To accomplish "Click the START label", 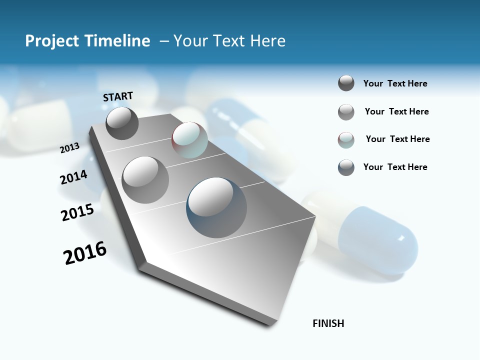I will pos(118,96).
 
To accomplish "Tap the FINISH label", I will pos(328,323).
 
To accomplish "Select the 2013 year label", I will pos(70,147).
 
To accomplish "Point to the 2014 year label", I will pos(73,177).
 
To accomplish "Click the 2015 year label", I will pos(77,212).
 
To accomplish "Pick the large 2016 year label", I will pos(85,253).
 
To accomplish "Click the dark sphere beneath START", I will pos(122,123).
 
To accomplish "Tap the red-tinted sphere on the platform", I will pos(189,140).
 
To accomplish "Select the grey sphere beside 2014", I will pos(145,179).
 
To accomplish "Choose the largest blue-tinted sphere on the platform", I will pos(216,207).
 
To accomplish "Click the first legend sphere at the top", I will pos(346,83).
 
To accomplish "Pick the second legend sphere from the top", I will pos(346,112).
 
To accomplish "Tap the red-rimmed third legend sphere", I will pos(346,140).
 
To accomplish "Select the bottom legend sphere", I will pos(346,167).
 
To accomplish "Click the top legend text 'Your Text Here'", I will pos(395,83).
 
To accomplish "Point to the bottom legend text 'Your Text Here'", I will pos(395,167).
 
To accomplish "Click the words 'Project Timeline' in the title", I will pos(87,41).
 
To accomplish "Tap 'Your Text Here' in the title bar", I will pos(229,41).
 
